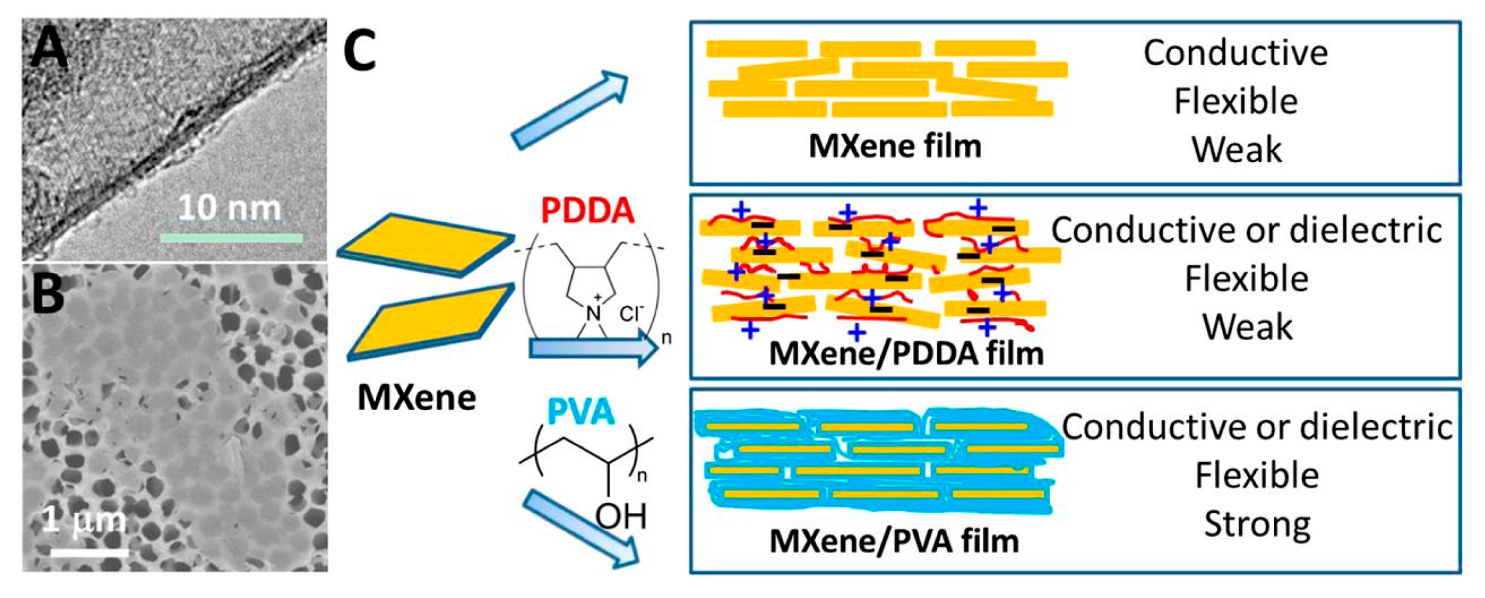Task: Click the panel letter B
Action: click(x=48, y=294)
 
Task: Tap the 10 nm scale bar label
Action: click(x=229, y=208)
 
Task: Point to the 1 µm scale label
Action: click(x=84, y=520)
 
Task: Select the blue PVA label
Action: click(x=580, y=412)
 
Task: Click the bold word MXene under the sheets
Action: click(x=416, y=397)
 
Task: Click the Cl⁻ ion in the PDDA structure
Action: click(x=631, y=313)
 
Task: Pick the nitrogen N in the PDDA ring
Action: click(x=593, y=313)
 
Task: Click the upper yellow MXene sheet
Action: click(x=426, y=244)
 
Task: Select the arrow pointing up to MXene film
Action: click(x=570, y=111)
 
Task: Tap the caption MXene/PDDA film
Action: click(x=906, y=353)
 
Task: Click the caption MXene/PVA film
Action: click(x=894, y=541)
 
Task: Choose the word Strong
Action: click(x=1257, y=523)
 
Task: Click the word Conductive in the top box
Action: click(x=1235, y=53)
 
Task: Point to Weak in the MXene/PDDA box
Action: click(x=1246, y=327)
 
